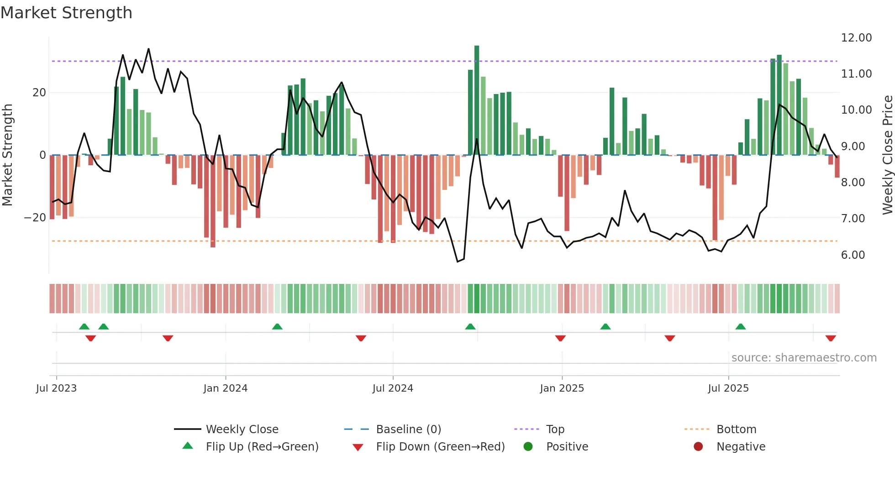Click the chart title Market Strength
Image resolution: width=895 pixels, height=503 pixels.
[x=66, y=13]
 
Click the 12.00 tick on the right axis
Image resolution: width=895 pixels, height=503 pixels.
[x=856, y=38]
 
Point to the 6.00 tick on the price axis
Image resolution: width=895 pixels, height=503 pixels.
[x=853, y=255]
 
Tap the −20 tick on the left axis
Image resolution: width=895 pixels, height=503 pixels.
[x=35, y=218]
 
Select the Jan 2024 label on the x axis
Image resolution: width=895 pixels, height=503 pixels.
[x=225, y=388]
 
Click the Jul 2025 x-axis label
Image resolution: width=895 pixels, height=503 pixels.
[x=728, y=388]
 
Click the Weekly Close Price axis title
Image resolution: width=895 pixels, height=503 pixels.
[x=887, y=155]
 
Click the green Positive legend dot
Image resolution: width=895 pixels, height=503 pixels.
[x=528, y=447]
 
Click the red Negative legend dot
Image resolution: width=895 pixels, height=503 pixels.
[x=698, y=447]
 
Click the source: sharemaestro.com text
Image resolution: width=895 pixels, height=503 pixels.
[x=804, y=358]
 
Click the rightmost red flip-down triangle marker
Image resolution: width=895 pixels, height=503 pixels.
[x=831, y=338]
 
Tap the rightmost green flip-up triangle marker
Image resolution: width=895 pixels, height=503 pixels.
[x=741, y=327]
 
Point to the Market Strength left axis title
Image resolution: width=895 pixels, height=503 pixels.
[x=8, y=155]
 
